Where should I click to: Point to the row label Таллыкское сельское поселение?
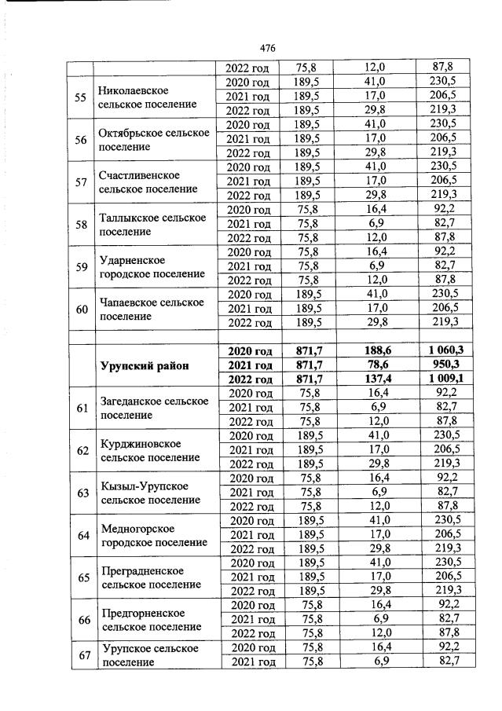(x=152, y=225)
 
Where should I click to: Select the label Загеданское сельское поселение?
(x=154, y=408)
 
